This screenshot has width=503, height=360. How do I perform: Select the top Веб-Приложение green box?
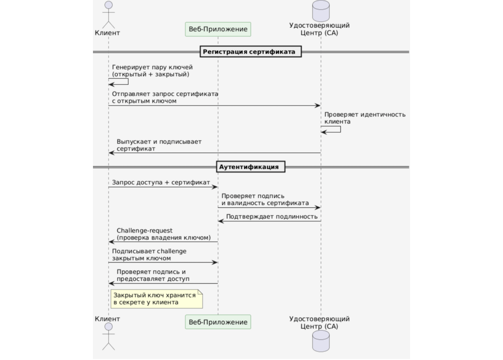coord(218,29)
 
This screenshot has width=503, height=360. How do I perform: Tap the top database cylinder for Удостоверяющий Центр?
coord(321,11)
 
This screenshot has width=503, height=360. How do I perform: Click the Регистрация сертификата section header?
coord(249,52)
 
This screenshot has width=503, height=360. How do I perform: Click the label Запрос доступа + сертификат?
coord(161,182)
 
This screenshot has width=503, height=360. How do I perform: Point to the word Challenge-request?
coord(144,231)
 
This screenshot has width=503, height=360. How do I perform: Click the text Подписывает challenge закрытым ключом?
coord(149,254)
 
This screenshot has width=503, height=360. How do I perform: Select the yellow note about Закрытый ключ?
coord(156,299)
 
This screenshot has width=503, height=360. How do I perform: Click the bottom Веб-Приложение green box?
coord(218,322)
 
